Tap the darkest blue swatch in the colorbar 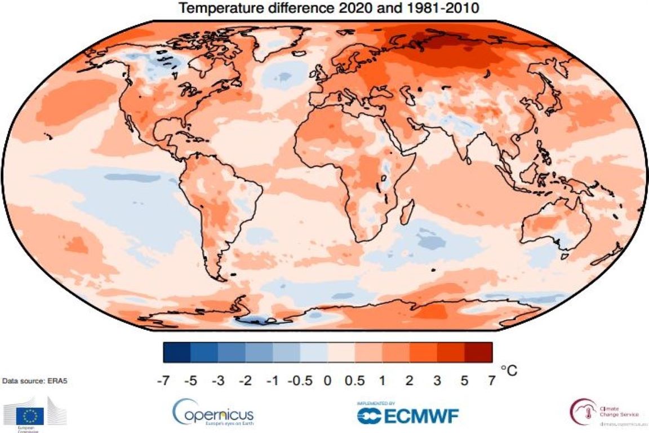177,352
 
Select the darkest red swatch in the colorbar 478,352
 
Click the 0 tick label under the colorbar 327,381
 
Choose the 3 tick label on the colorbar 437,381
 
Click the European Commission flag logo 32,416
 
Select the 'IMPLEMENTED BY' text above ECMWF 376,404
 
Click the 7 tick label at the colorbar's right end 492,381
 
